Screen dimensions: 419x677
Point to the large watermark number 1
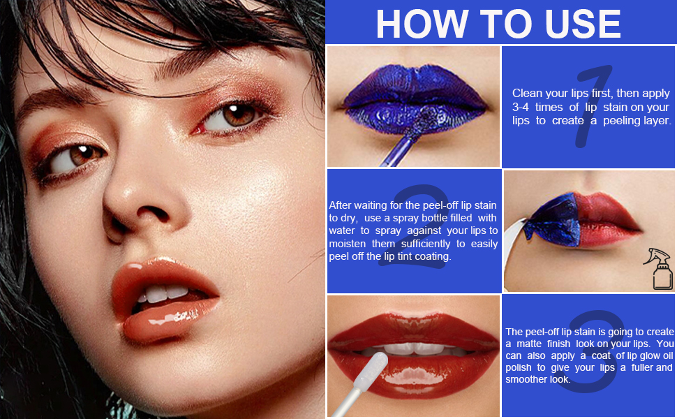pos(593,105)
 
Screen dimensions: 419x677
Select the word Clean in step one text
pos(528,93)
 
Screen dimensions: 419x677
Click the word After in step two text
pos(342,205)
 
